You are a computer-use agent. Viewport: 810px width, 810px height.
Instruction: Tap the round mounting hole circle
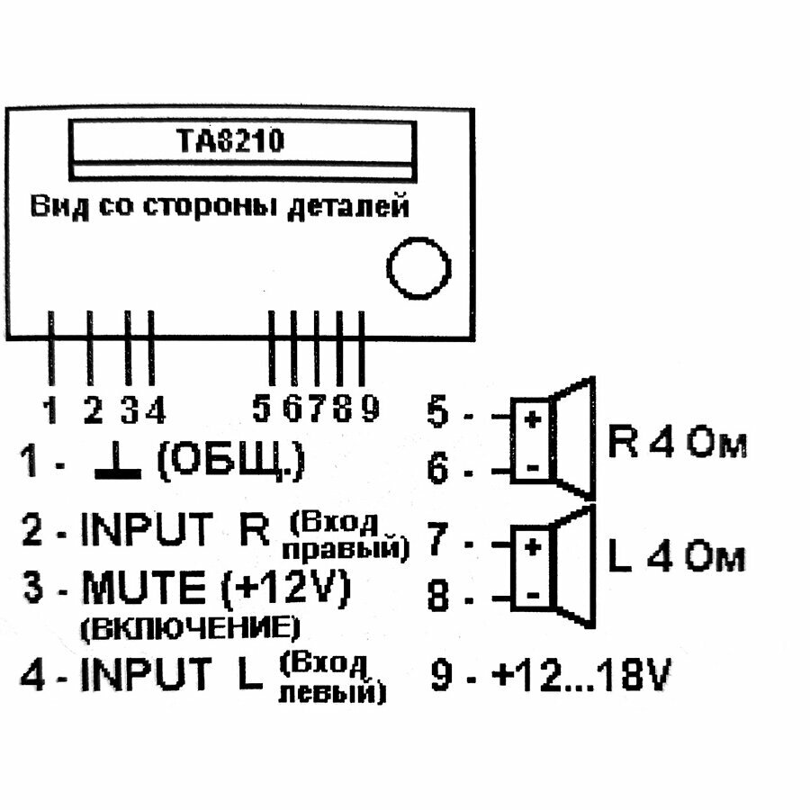(418, 268)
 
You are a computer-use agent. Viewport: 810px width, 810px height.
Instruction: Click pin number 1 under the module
(51, 411)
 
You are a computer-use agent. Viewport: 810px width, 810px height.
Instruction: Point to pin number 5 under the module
(262, 410)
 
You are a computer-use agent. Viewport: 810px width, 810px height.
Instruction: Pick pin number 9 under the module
(369, 410)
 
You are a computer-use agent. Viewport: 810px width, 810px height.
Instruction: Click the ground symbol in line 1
(117, 466)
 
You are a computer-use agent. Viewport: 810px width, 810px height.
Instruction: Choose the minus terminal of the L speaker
(533, 595)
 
